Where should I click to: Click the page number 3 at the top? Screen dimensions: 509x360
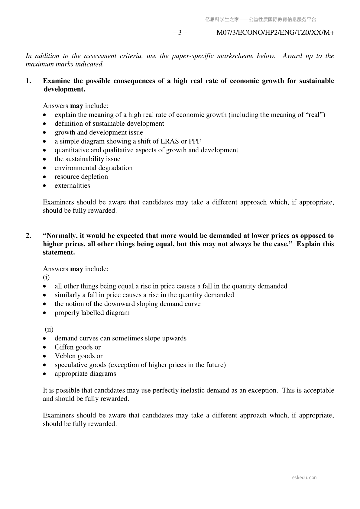[x=180, y=33]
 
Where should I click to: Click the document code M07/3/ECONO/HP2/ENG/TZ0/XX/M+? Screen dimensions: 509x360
[x=275, y=33]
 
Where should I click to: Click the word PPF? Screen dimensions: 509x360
[x=195, y=141]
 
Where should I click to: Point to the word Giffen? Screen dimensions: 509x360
[x=64, y=347]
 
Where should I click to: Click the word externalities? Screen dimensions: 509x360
[x=72, y=186]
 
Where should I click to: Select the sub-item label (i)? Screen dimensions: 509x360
[x=46, y=277]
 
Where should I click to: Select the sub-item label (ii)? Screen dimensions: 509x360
[x=49, y=330]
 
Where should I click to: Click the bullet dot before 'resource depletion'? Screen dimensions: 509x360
[x=45, y=177]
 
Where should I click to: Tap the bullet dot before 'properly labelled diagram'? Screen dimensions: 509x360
[x=45, y=313]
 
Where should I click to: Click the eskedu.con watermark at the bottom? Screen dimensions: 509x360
[x=304, y=478]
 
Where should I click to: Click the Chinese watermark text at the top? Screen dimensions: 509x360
[x=261, y=20]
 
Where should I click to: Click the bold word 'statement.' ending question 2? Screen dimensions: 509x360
[x=59, y=253]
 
